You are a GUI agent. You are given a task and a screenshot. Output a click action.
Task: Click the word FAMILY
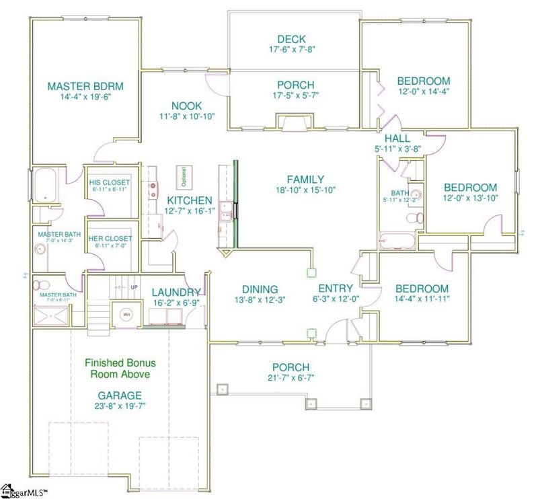tap(305, 180)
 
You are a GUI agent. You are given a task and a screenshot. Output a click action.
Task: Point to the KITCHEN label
tap(190, 200)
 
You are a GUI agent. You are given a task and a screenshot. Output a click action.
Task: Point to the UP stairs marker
tap(134, 288)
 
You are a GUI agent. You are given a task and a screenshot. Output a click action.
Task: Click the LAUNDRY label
tap(176, 292)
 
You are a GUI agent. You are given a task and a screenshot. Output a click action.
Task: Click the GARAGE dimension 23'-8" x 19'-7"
tap(120, 407)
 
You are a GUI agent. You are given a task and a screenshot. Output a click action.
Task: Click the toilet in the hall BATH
tap(418, 217)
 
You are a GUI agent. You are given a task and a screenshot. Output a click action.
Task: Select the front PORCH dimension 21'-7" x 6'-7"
tap(291, 378)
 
